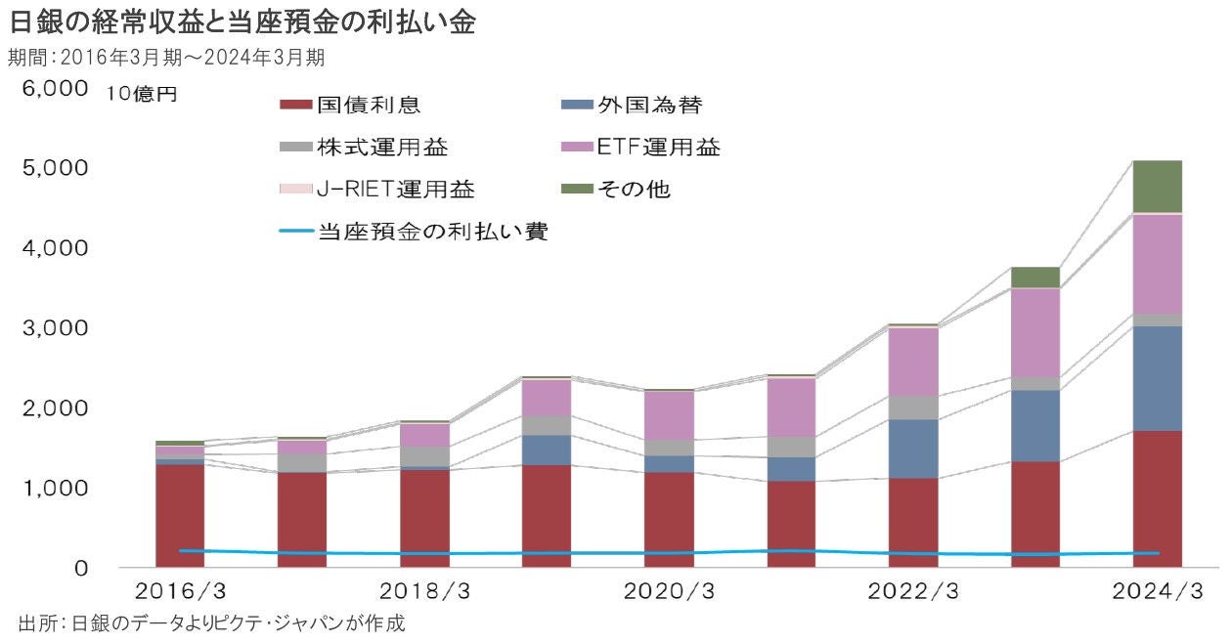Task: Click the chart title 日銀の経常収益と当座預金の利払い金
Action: click(242, 22)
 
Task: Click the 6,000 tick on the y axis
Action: click(48, 89)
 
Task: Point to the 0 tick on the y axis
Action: click(82, 568)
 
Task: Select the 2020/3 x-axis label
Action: click(669, 592)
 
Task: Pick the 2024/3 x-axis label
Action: click(1157, 592)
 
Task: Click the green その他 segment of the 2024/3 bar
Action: click(1158, 186)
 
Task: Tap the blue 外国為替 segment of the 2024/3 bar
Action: click(1158, 378)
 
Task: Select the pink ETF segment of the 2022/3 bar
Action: click(913, 362)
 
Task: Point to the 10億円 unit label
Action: click(142, 95)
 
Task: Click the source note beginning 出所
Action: click(210, 622)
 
